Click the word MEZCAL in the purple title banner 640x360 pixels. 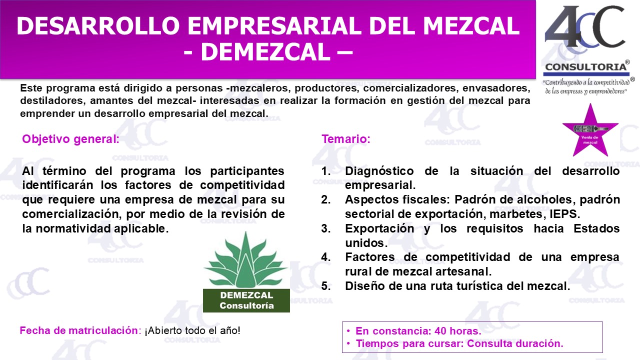pyautogui.click(x=471, y=26)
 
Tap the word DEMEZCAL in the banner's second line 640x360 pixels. pyautogui.click(x=265, y=52)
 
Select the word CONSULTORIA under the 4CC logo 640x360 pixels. pyautogui.click(x=585, y=67)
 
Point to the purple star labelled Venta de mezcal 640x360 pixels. pyautogui.click(x=590, y=132)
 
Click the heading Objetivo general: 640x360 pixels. pyautogui.click(x=70, y=139)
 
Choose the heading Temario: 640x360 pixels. pyautogui.click(x=346, y=139)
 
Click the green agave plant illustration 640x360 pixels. pyautogui.click(x=245, y=259)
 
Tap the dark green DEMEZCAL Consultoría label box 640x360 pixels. pyautogui.click(x=246, y=300)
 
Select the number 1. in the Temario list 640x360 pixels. pyautogui.click(x=326, y=171)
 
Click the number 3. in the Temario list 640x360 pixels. pyautogui.click(x=326, y=228)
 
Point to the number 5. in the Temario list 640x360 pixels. pyautogui.click(x=326, y=286)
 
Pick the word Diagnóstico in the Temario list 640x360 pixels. pyautogui.click(x=379, y=171)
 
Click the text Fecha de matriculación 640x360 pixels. pyautogui.click(x=79, y=330)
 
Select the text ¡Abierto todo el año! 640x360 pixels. pyautogui.click(x=192, y=330)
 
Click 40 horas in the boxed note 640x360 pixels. pyautogui.click(x=457, y=331)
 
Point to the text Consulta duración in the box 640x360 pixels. pyautogui.click(x=515, y=343)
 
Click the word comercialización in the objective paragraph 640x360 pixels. pyautogui.click(x=72, y=214)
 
